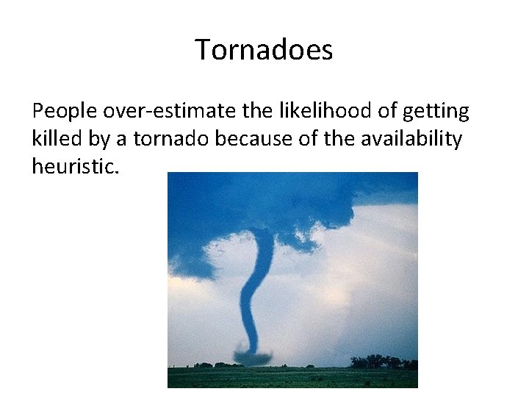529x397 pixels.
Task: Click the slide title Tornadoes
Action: click(264, 50)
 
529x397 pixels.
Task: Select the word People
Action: click(65, 112)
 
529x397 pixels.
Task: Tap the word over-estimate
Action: click(171, 112)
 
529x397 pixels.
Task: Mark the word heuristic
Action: click(71, 166)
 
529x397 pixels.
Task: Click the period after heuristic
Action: click(115, 172)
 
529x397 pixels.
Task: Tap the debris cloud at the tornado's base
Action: click(252, 358)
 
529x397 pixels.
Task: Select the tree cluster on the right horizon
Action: click(382, 362)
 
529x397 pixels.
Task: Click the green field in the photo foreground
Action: click(294, 377)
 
